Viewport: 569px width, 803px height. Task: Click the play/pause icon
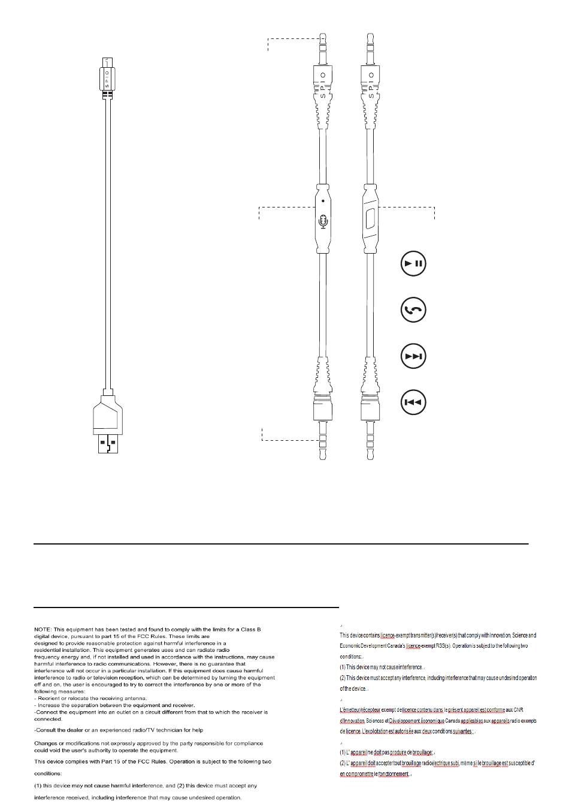pyautogui.click(x=413, y=263)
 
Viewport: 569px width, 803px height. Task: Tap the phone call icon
pyautogui.click(x=413, y=310)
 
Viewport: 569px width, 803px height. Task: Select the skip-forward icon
pyautogui.click(x=413, y=356)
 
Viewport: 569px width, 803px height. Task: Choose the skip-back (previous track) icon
pyautogui.click(x=413, y=402)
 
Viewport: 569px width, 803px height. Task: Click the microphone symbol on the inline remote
pyautogui.click(x=323, y=221)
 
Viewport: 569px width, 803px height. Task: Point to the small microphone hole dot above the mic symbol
pyautogui.click(x=323, y=201)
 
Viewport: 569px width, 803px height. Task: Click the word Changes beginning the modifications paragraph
pyautogui.click(x=46, y=743)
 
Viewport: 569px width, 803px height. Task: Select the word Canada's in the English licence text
pyautogui.click(x=392, y=646)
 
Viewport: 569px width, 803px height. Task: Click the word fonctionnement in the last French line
pyautogui.click(x=392, y=774)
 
